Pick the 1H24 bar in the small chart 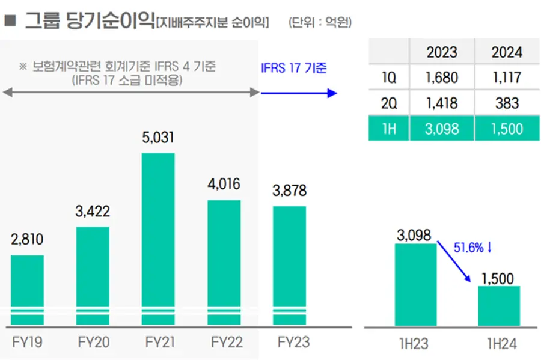[499, 306]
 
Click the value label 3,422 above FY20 [93, 212]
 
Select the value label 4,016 [224, 184]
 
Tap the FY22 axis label [226, 343]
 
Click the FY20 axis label [94, 343]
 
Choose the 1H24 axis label [500, 344]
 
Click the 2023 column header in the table [442, 52]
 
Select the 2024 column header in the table [507, 52]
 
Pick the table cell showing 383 [507, 103]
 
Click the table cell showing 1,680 [442, 78]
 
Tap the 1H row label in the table [389, 129]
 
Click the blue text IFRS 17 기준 [294, 67]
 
